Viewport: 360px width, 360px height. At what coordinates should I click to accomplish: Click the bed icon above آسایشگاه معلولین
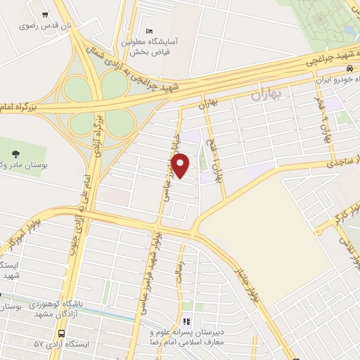tap(148, 31)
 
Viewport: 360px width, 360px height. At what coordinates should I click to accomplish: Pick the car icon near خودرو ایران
tap(349, 69)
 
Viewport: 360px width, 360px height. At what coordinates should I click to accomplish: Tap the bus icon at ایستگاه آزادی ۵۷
tap(63, 333)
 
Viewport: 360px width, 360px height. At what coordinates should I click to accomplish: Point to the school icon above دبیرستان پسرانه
tap(186, 321)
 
